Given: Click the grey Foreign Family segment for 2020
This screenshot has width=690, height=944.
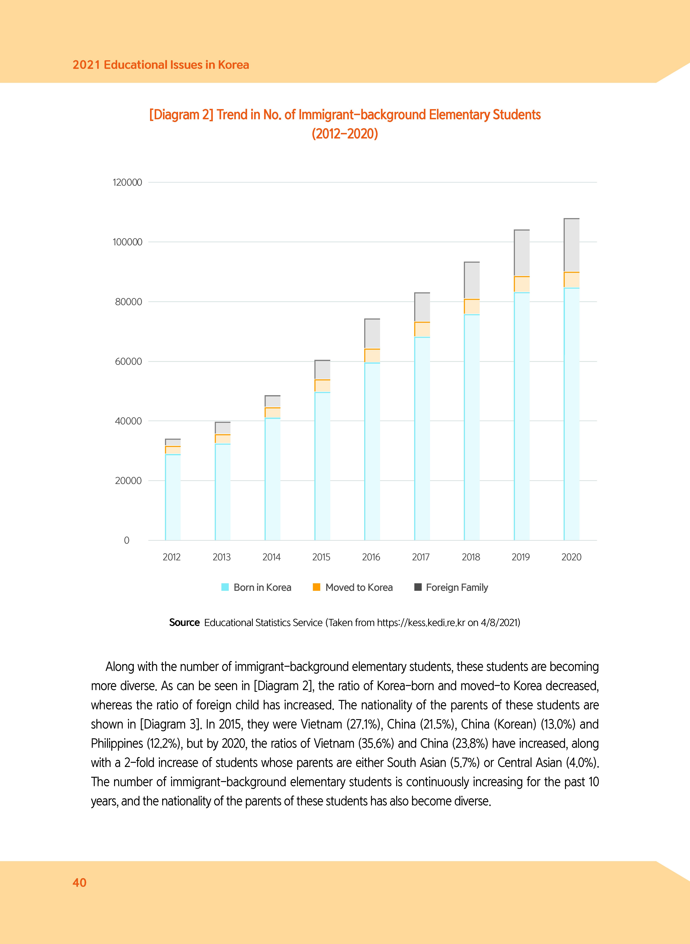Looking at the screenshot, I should click(571, 245).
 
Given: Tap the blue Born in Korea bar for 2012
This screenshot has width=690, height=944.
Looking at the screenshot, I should click(173, 497).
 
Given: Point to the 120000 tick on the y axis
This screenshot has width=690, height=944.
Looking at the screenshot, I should click(127, 182).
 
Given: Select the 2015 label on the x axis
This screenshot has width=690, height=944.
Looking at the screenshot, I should click(321, 557).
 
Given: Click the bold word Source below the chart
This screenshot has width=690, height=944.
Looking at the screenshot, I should click(184, 622).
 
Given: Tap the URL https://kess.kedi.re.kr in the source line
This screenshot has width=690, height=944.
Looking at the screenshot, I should click(421, 622).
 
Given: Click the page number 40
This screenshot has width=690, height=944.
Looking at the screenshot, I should click(79, 882).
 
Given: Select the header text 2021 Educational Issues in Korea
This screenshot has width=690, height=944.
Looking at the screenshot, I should click(161, 65).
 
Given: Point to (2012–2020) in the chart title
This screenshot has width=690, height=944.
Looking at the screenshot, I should click(345, 134).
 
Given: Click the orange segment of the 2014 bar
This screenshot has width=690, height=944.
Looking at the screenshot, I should click(272, 413).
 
